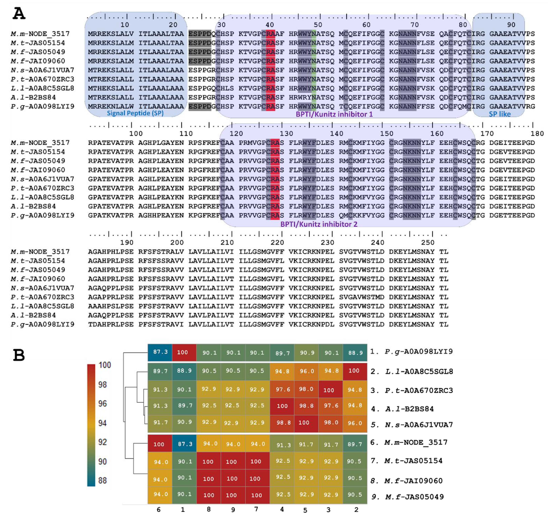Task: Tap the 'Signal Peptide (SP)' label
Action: click(135, 113)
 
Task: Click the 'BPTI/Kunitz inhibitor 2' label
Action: click(319, 224)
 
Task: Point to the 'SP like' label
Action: click(499, 114)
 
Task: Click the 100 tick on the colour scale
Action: click(105, 365)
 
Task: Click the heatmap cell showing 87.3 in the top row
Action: click(160, 352)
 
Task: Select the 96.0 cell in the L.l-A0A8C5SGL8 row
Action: click(307, 371)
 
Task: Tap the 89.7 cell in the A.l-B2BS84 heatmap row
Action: click(184, 405)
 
